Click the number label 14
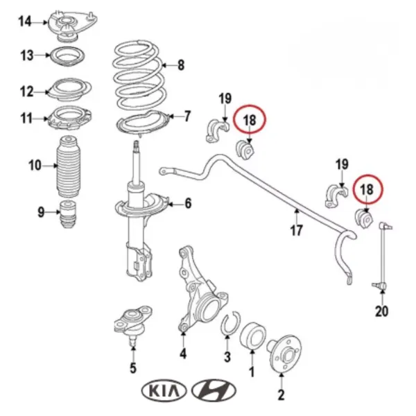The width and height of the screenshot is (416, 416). (x=25, y=22)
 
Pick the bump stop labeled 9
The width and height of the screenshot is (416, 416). (x=68, y=214)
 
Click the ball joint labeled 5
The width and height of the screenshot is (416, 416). (x=132, y=327)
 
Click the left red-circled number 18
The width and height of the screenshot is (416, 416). (x=250, y=121)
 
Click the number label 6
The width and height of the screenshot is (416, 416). (x=188, y=203)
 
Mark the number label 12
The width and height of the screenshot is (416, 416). (x=26, y=91)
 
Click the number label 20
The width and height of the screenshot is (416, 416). (x=382, y=311)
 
